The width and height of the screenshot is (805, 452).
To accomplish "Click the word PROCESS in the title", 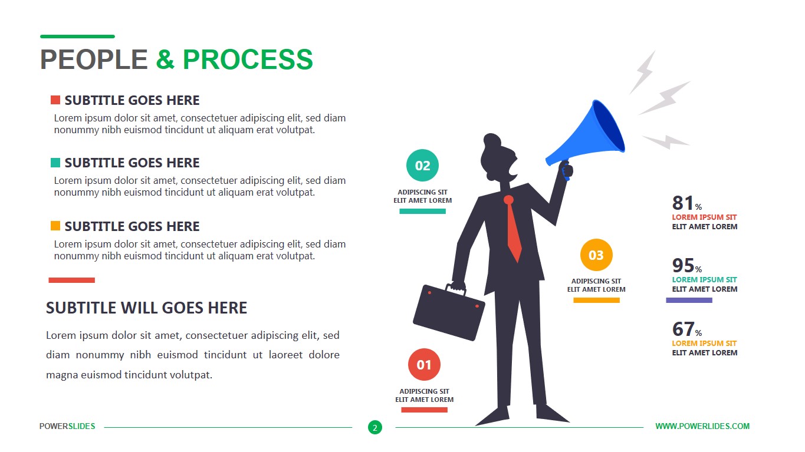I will tap(248, 60).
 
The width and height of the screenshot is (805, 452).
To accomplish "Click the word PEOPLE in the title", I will tap(94, 60).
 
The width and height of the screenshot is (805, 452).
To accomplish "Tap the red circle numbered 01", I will tap(424, 365).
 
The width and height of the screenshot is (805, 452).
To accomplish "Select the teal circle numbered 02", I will tap(423, 166).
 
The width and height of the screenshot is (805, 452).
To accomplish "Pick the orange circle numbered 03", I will tap(596, 255).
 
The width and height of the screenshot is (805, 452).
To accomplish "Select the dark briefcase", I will tap(448, 312).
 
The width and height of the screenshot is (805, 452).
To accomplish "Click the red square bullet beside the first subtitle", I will tap(55, 100).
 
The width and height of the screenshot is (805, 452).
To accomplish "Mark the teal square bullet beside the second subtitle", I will tap(55, 163).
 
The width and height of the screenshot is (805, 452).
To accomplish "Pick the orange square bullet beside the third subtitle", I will tap(55, 226).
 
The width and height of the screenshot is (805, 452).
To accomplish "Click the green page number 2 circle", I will tap(374, 427).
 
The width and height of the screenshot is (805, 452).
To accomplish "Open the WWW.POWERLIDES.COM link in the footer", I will tap(702, 426).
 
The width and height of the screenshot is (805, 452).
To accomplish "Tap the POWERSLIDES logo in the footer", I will tap(67, 426).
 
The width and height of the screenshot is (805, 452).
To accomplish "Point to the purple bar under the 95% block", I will tap(689, 301).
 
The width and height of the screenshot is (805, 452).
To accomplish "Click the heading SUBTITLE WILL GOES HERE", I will tap(146, 308).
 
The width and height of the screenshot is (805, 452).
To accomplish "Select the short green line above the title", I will tap(77, 37).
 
